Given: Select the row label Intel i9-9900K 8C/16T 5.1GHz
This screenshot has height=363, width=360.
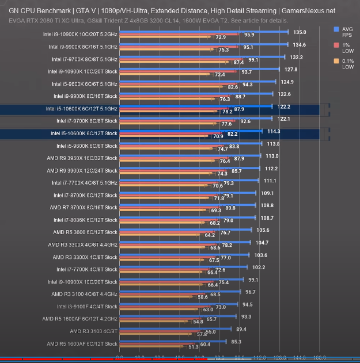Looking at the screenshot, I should (x=84, y=46).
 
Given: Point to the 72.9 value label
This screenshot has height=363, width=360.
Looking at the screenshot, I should (x=220, y=37).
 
